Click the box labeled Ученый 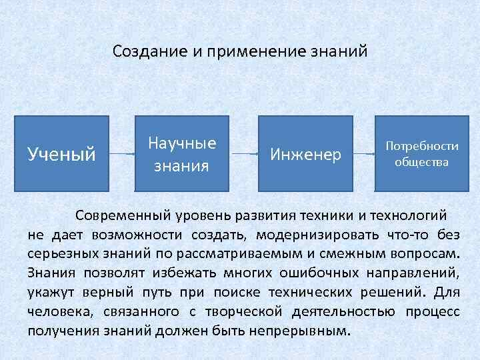coord(62,154)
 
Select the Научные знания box coord(182,154)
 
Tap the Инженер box coord(305,154)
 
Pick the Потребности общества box coord(421,154)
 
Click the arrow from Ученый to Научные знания coord(122,154)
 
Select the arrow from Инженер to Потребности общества coord(363,154)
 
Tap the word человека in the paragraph coord(56,311)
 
